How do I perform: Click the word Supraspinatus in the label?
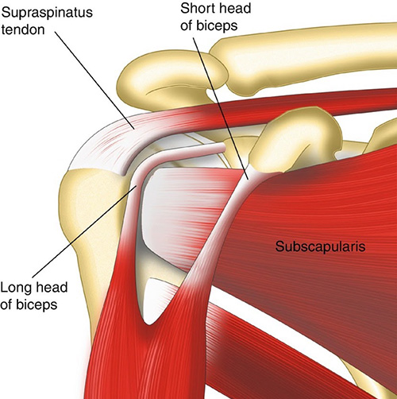click(x=47, y=13)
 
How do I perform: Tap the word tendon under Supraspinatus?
click(x=23, y=29)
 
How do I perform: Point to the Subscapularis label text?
click(x=321, y=246)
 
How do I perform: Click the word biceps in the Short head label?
click(x=217, y=26)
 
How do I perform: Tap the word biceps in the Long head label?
click(x=37, y=304)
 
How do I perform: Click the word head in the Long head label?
click(x=51, y=288)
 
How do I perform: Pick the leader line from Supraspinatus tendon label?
click(x=95, y=79)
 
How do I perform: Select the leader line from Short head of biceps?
click(x=221, y=108)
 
